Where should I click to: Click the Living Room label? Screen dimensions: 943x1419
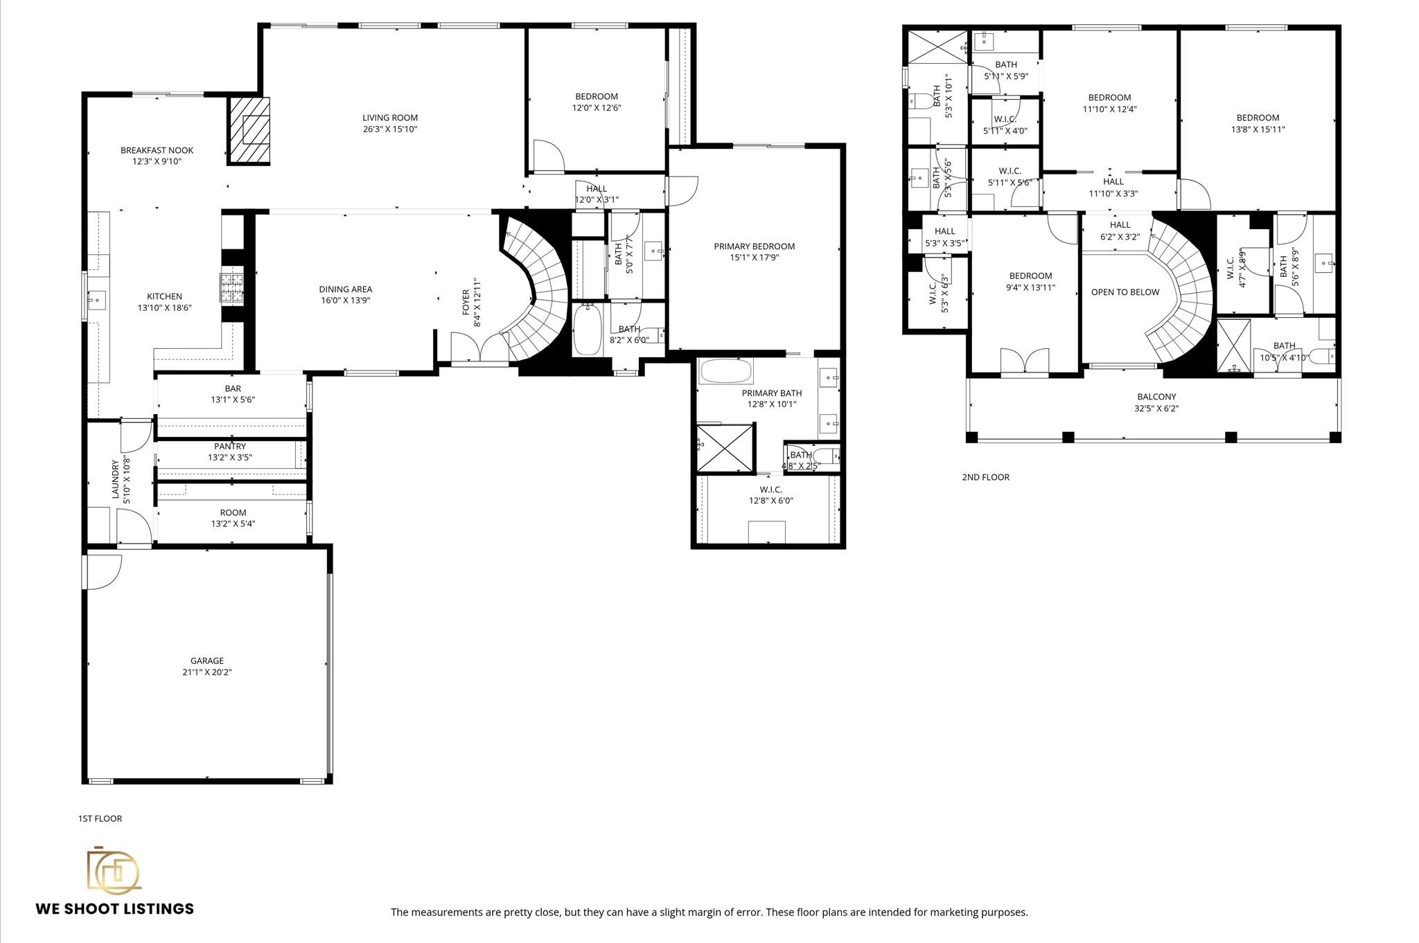click(x=390, y=118)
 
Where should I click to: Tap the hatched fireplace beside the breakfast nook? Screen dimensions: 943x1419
click(x=249, y=130)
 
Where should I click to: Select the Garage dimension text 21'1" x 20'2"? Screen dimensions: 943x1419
click(x=208, y=672)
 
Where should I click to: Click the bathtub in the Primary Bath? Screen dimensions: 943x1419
click(x=725, y=372)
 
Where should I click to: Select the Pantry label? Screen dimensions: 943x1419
click(x=230, y=447)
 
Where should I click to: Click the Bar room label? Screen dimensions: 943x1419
click(x=233, y=388)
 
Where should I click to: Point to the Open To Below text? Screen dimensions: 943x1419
click(x=1125, y=292)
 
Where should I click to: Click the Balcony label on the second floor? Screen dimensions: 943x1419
click(x=1156, y=397)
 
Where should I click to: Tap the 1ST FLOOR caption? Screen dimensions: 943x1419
click(x=100, y=818)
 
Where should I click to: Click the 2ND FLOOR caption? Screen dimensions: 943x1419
click(x=985, y=477)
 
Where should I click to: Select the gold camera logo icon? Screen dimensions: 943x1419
click(x=113, y=870)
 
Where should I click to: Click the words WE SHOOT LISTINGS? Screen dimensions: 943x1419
click(x=115, y=909)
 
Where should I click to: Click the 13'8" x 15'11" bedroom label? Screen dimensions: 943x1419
click(x=1258, y=129)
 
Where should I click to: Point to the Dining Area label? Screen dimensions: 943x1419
click(x=345, y=289)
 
